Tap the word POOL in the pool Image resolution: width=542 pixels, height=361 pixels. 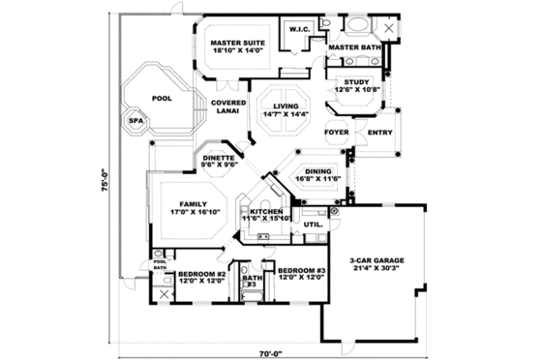coord(161,97)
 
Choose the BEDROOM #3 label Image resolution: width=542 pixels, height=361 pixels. coord(300,274)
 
